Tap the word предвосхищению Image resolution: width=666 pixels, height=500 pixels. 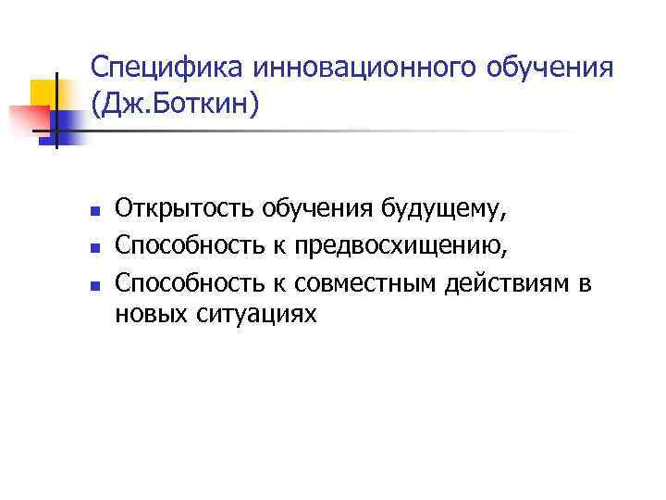393,245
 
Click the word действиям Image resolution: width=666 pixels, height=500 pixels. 504,281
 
